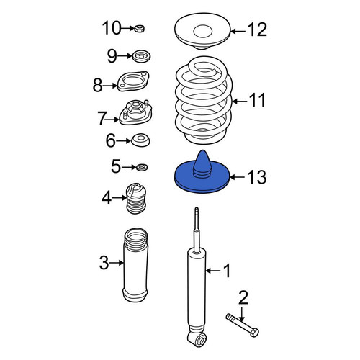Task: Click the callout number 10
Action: pos(112,28)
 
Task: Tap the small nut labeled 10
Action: pos(140,29)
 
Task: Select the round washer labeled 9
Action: pos(142,57)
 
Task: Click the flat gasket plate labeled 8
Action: pos(133,81)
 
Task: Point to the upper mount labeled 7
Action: pos(135,113)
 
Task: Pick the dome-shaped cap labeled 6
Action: pos(140,140)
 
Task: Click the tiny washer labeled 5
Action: pos(142,167)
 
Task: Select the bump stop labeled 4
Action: pos(136,199)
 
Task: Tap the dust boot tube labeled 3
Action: pos(135,265)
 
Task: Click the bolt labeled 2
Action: pos(242,325)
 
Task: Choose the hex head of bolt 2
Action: pos(254,333)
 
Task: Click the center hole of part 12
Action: pos(203,31)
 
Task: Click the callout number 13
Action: pos(256,177)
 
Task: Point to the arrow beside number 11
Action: pos(240,102)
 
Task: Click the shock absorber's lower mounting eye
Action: pos(199,340)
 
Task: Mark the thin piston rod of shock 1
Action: pos(197,229)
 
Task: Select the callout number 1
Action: pos(227,271)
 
